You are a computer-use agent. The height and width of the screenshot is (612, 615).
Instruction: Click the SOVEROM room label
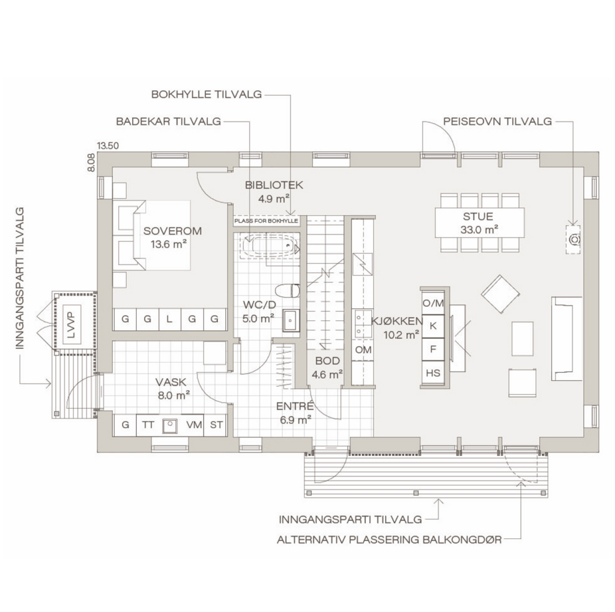[172, 231]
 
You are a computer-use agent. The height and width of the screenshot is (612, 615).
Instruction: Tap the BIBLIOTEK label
[274, 185]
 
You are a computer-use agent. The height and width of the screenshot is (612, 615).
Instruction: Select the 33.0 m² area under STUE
[479, 229]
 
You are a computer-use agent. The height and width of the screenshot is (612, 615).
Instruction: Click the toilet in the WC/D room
[288, 291]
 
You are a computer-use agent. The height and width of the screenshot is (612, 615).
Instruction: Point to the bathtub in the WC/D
[271, 246]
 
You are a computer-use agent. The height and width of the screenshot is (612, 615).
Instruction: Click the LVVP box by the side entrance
[71, 325]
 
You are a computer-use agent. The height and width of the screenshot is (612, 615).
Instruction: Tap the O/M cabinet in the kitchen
[433, 303]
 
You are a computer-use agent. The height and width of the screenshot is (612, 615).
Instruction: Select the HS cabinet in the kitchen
[433, 373]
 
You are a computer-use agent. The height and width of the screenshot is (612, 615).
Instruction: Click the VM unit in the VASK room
[194, 425]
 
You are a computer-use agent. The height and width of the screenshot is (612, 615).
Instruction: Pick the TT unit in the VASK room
[148, 425]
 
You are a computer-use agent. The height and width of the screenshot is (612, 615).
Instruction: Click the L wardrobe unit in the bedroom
[169, 319]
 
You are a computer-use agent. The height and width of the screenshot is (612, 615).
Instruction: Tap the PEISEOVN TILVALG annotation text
[497, 121]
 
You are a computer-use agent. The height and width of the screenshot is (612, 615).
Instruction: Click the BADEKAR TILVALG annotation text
[169, 121]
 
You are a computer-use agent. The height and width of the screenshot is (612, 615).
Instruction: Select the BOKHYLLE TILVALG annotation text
[207, 94]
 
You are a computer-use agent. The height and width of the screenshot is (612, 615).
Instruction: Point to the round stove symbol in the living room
[574, 238]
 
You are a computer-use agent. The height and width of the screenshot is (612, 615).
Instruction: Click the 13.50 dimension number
[108, 145]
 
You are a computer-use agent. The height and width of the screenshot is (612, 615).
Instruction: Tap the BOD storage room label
[327, 360]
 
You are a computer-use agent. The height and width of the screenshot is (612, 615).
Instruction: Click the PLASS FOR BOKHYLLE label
[266, 221]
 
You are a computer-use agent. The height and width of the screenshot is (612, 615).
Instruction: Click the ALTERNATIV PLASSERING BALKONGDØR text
[389, 539]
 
